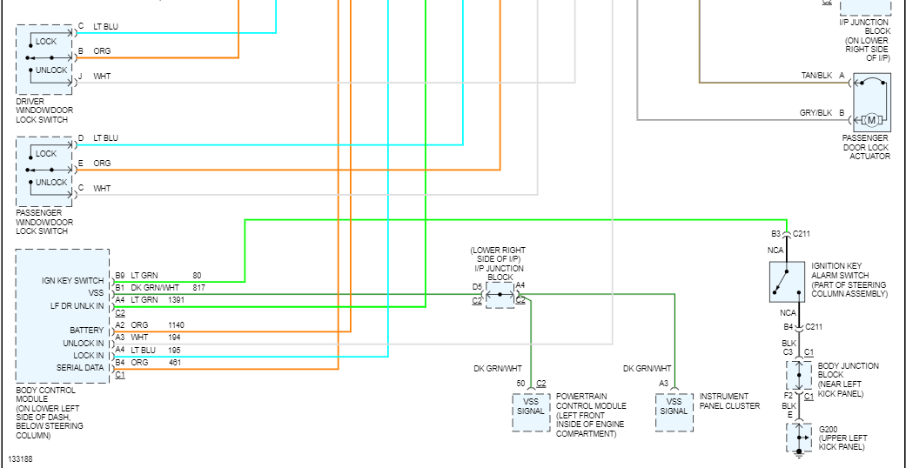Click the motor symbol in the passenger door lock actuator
coord(871,120)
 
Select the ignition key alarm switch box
coord(786,281)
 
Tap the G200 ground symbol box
coord(799,438)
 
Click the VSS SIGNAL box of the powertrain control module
coord(530,412)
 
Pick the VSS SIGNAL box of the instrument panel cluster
coord(674,412)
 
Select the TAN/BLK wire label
coord(815,76)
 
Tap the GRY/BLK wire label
coord(815,113)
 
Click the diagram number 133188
coord(22,458)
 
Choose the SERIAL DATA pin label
coord(81,368)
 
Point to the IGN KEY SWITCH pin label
coord(73,281)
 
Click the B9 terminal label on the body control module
coord(120,276)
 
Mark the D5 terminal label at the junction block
coord(477,286)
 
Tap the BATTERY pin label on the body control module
coord(87,331)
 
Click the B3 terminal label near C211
coord(775,233)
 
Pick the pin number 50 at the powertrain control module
coord(520,383)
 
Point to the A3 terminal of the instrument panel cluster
coord(663,383)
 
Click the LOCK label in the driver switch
coord(46,42)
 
